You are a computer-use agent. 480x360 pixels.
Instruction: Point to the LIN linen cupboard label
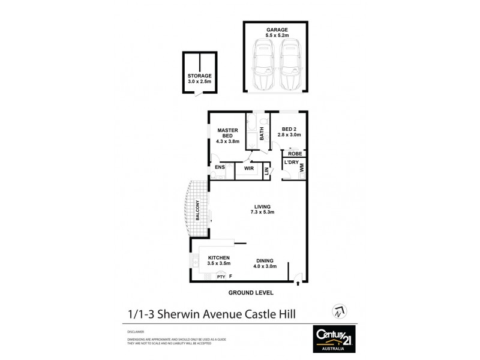tap(266, 171)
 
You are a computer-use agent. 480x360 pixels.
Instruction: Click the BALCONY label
tap(197, 210)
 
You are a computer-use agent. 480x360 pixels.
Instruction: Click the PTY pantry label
tap(220, 277)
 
